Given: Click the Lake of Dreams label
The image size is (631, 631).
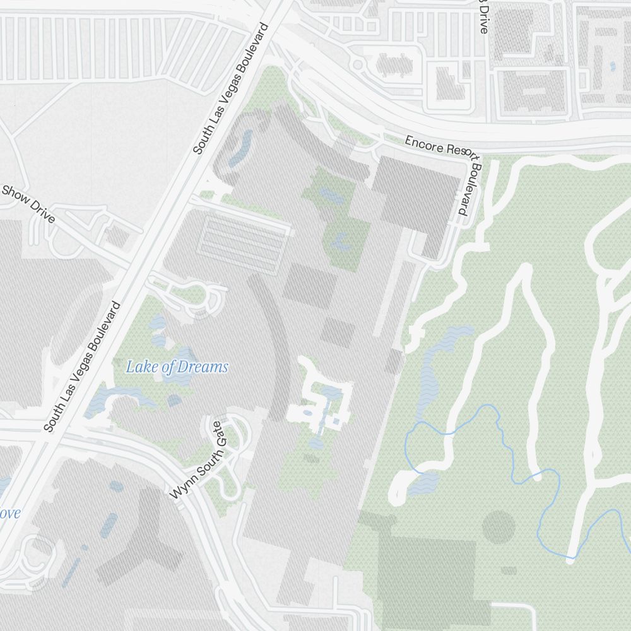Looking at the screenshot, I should tap(177, 367).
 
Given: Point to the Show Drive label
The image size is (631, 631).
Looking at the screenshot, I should tap(28, 204).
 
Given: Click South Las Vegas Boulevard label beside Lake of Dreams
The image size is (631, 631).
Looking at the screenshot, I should tap(82, 367).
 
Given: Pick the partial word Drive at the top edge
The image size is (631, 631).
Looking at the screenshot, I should tap(483, 16).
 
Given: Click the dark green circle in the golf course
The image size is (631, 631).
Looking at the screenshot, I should tap(498, 527).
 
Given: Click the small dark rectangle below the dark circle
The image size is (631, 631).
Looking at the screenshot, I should tap(509, 570).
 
